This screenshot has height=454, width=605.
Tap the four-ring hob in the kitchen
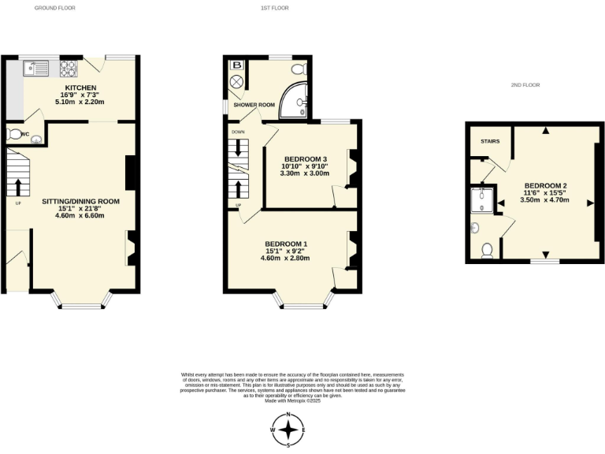click(69, 66)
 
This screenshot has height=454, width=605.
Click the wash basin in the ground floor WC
click(35, 140)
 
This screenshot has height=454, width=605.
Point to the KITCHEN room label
click(80, 87)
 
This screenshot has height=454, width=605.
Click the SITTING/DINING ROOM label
click(80, 201)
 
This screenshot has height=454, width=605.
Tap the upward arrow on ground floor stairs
click(17, 187)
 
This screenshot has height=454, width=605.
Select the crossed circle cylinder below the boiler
click(236, 82)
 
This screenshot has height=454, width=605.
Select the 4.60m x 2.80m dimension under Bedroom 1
click(285, 258)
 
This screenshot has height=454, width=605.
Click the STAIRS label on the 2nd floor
click(489, 142)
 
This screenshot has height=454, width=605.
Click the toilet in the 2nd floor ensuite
click(487, 250)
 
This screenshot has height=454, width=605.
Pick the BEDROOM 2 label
click(546, 184)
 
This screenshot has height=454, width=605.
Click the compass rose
click(289, 430)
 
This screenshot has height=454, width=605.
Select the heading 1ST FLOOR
click(275, 8)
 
